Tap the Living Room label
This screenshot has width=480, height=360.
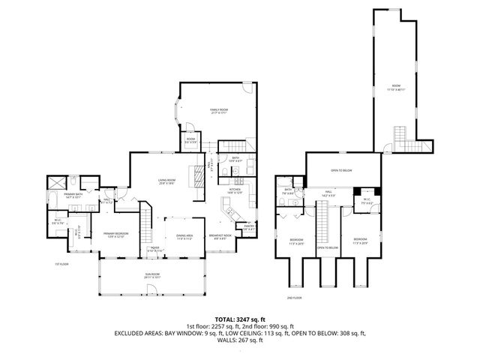[x=167, y=181]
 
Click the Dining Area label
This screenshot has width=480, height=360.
[x=184, y=236]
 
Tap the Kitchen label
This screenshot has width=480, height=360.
[x=235, y=191]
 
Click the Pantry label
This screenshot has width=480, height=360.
[x=249, y=226]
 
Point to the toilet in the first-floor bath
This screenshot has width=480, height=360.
[x=235, y=173]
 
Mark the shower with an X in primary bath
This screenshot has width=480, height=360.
[x=55, y=182]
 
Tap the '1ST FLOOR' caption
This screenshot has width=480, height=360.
[x=62, y=264]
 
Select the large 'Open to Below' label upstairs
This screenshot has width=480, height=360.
[x=342, y=169]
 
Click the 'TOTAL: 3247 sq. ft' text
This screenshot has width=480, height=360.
[x=239, y=318]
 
